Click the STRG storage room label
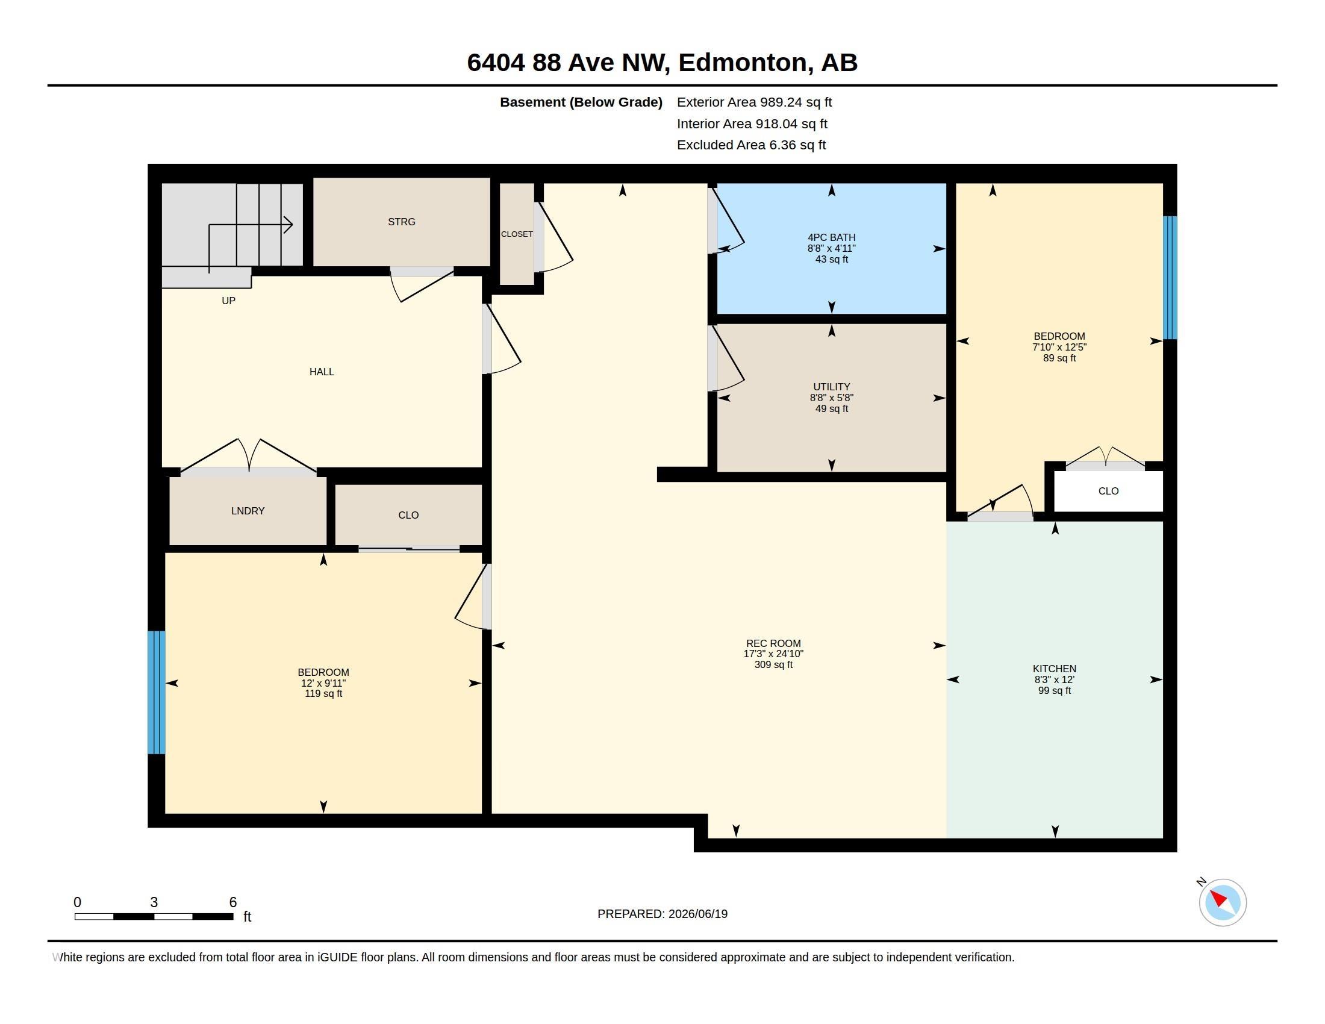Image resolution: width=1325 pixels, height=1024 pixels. coord(402,222)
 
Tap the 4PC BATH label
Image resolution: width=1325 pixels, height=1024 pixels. coord(831,238)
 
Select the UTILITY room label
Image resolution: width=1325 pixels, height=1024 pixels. coord(831,387)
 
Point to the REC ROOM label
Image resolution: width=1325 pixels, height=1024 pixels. coord(773,644)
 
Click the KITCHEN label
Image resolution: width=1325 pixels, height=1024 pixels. coord(1055,669)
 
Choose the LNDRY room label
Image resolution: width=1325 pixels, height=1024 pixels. coord(248,511)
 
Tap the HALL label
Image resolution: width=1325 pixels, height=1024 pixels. coord(322,372)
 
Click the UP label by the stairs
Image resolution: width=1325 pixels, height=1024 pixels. coord(228,301)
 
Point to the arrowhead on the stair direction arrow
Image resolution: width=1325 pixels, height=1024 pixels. coord(288,225)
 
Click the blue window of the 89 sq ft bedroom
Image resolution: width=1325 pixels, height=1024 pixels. coord(1170,278)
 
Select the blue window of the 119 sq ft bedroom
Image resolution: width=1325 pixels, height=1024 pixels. coord(157,693)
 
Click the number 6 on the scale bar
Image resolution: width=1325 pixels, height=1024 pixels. coord(232,902)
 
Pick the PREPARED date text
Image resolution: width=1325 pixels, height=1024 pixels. coord(662,914)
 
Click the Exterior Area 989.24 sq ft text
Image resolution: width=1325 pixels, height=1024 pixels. coord(754,102)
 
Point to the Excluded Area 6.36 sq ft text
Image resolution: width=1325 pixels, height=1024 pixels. coord(751,145)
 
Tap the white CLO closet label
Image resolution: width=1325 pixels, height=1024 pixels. coord(1108,492)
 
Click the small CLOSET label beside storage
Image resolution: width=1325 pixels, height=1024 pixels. coord(517,234)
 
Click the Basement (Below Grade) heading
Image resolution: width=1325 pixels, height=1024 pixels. coord(581,102)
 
